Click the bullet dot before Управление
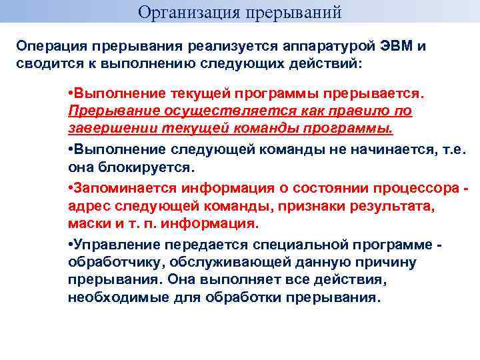tap(70, 245)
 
